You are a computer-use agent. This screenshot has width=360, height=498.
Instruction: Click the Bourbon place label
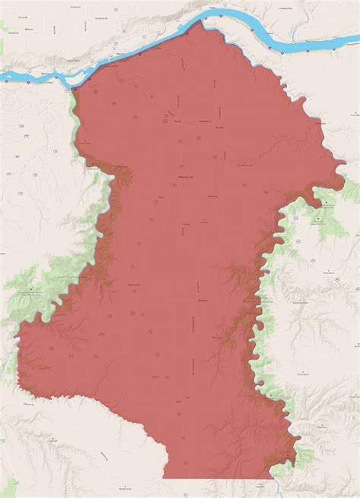pos(203,301)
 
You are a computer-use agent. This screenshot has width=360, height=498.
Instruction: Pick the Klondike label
pos(245,165)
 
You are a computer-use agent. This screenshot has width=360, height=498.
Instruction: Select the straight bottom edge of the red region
pos(220,478)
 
